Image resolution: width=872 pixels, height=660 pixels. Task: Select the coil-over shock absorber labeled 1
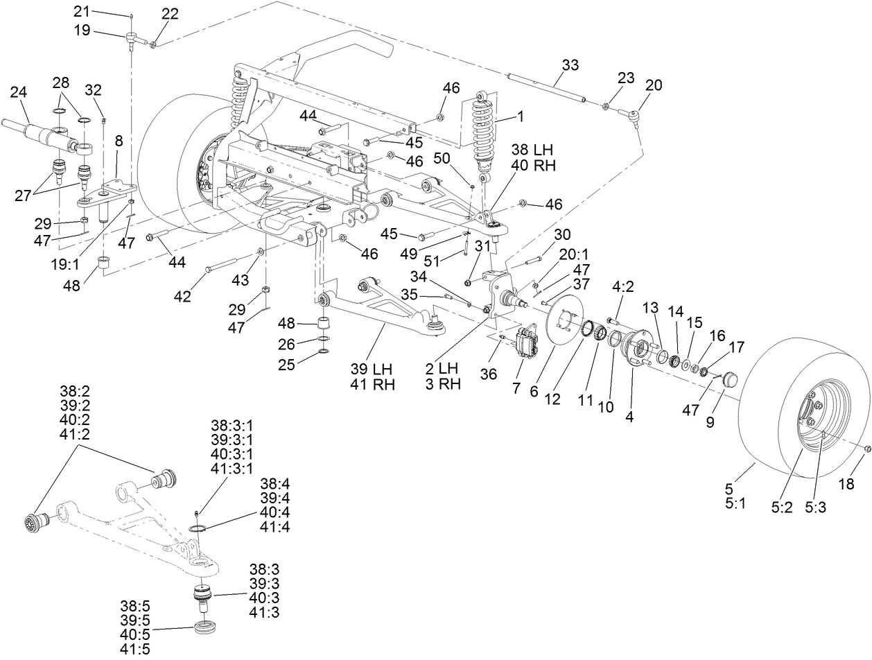click(x=482, y=132)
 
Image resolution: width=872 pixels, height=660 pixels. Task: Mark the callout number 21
click(x=82, y=11)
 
